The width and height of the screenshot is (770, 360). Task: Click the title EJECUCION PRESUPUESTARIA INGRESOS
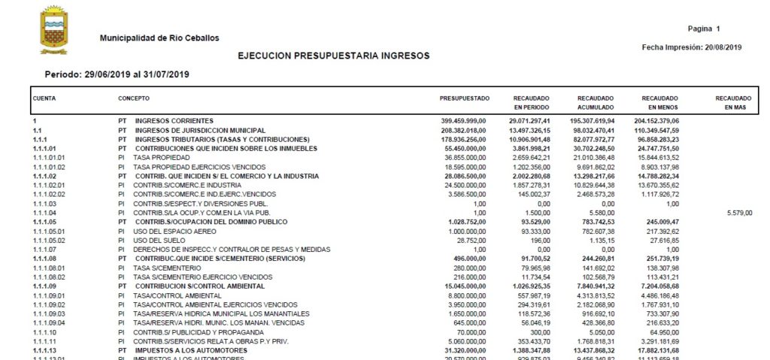[334, 56]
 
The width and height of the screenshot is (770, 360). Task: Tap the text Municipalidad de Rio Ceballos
[159, 38]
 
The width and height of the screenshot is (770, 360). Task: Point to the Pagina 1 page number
[704, 29]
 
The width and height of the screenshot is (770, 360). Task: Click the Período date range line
[117, 74]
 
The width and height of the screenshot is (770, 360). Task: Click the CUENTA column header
[44, 98]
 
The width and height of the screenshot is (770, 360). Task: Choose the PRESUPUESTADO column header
[465, 98]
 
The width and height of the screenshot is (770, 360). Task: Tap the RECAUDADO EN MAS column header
[733, 103]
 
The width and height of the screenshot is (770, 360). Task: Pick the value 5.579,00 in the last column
[738, 213]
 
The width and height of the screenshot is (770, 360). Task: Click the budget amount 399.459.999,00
[464, 120]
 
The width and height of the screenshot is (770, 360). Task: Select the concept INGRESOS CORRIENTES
[174, 120]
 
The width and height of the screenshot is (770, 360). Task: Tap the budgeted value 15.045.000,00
[465, 286]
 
